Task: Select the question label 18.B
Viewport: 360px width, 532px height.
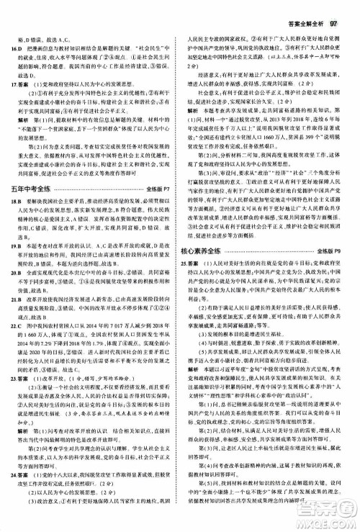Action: click(x=14, y=223)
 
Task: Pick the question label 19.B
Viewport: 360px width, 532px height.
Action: click(x=14, y=266)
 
